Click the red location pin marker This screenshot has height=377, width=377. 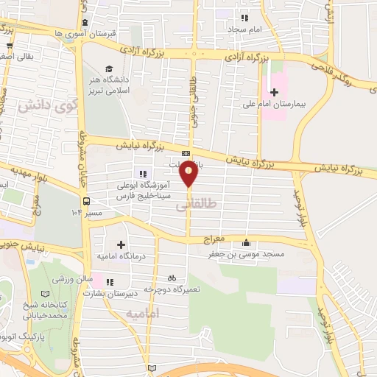tap(189, 174)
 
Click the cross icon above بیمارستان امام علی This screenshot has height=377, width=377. tap(275, 92)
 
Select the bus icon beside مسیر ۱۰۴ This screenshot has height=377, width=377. tap(88, 200)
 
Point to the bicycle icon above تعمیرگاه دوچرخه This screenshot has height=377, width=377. tap(172, 278)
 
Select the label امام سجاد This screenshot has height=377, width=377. tap(246, 28)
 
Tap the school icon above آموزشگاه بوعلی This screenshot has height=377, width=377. tap(130, 174)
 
